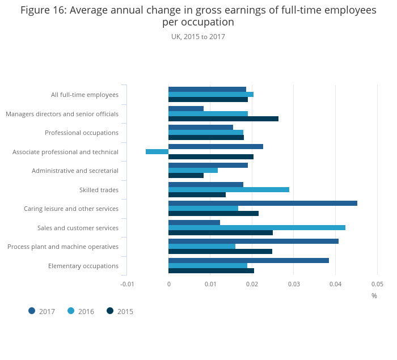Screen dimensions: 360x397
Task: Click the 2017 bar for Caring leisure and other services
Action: click(263, 203)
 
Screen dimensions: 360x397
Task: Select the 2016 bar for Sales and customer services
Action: click(257, 228)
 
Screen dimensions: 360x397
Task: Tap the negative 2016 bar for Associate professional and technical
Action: click(157, 152)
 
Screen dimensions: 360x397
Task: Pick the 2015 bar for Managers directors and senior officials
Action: click(223, 119)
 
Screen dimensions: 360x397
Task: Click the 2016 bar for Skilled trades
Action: click(229, 189)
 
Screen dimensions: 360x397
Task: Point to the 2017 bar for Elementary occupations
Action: click(248, 260)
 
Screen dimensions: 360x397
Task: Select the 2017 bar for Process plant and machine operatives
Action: click(254, 241)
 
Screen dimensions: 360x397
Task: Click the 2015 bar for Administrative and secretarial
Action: click(186, 175)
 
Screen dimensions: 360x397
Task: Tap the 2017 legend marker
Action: click(32, 311)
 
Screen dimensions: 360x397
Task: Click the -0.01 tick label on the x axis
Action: click(127, 283)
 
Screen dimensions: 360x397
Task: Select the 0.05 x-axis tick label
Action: click(377, 283)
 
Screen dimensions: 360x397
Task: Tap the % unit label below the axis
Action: click(374, 295)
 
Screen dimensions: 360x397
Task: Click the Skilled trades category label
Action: click(99, 190)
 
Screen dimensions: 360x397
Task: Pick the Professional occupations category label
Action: click(82, 133)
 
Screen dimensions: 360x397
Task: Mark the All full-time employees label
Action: click(85, 95)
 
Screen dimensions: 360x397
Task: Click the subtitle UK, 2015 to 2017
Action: click(198, 37)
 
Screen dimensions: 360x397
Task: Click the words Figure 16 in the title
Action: click(43, 10)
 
